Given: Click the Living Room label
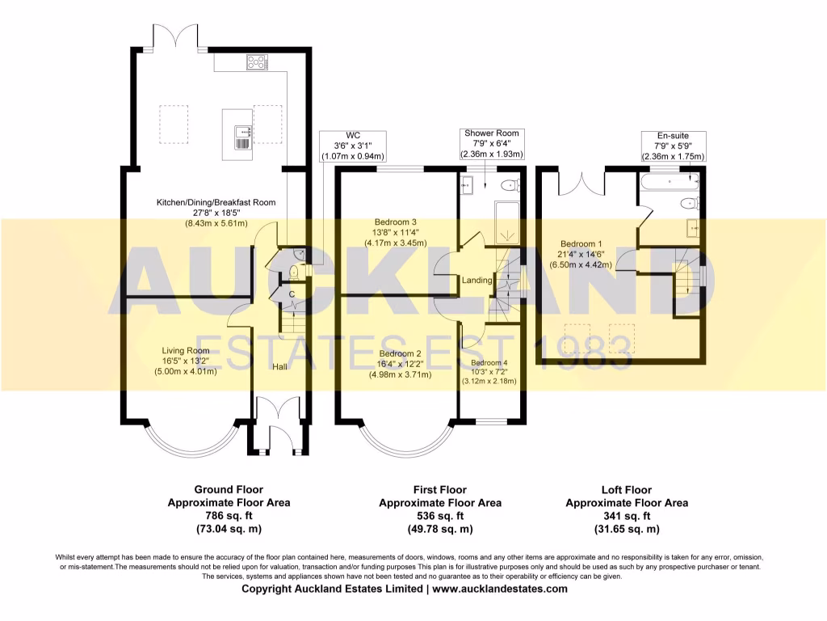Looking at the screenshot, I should point(186,351).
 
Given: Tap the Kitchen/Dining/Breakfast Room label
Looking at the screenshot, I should point(216,202).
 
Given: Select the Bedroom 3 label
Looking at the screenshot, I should point(395,222).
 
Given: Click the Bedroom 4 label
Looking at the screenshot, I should point(489,362).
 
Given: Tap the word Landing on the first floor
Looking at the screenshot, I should point(477,280).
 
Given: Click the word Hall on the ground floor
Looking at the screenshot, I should point(279,366).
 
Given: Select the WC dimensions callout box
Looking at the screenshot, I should point(353,146).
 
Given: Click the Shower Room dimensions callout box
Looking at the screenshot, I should point(491,143).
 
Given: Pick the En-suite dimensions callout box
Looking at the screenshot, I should point(673,146).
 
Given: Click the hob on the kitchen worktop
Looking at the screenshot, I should point(258,61).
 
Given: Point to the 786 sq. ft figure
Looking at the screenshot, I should point(229,516).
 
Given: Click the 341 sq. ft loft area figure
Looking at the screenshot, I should point(626,516).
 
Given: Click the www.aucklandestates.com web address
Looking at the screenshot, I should point(500,589).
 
